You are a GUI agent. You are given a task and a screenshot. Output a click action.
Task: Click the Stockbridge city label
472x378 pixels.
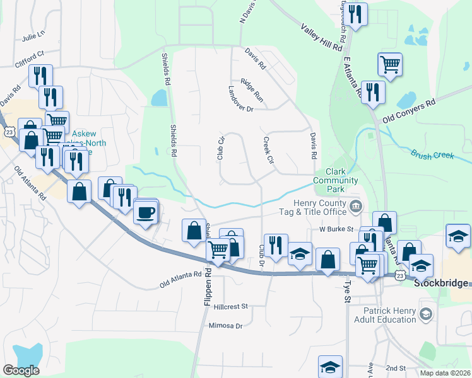point(442,283)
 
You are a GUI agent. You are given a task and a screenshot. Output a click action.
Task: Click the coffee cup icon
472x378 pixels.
point(146,212)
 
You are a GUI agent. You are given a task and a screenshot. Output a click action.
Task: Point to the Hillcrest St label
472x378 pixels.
point(232,306)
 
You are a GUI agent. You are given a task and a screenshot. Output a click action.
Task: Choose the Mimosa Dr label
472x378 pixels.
point(225,326)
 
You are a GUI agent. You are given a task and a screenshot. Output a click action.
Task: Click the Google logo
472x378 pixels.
point(21,370)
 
